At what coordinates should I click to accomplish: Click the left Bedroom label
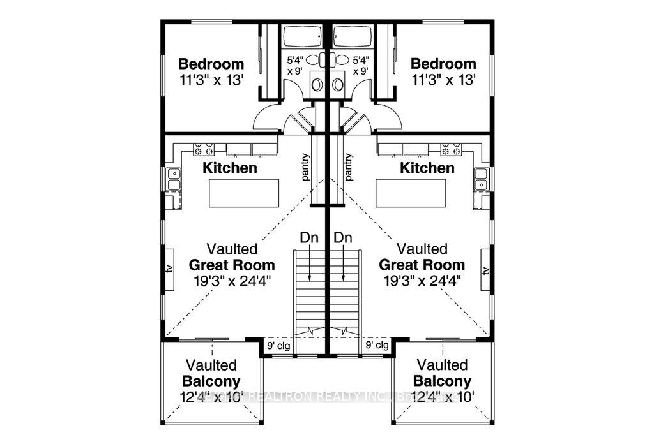(x=211, y=64)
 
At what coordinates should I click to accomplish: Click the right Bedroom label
(x=443, y=64)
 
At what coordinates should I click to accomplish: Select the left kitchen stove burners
(x=204, y=149)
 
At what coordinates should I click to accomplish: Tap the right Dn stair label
(x=344, y=237)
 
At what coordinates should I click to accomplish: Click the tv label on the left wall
(x=170, y=269)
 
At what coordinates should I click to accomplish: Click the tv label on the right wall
(x=485, y=270)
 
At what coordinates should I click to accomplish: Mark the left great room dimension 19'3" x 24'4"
(x=232, y=281)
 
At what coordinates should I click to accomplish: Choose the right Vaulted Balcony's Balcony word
(x=442, y=381)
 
